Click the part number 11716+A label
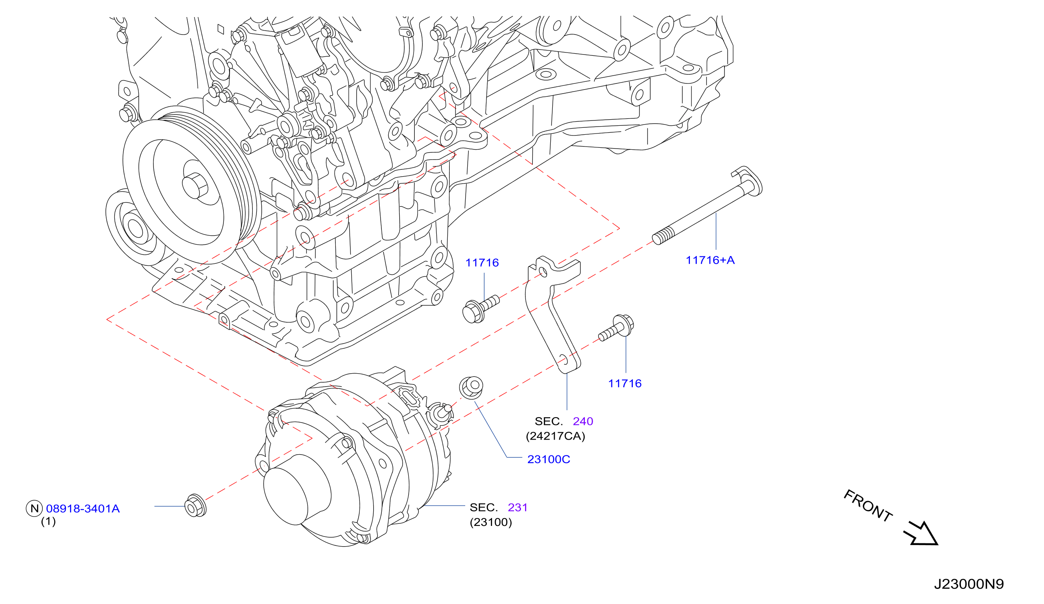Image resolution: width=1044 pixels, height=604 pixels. click(710, 260)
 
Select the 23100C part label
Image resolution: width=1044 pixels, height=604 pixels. click(549, 460)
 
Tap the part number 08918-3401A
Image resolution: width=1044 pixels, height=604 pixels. click(83, 509)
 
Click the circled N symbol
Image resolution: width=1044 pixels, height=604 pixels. click(34, 508)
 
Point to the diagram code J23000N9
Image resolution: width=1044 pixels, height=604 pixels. click(969, 584)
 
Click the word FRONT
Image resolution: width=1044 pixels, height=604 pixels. click(868, 506)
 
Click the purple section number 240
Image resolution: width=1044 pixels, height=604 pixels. click(583, 421)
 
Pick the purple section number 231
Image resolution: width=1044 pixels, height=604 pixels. click(517, 508)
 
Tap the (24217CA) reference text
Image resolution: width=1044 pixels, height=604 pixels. click(555, 436)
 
